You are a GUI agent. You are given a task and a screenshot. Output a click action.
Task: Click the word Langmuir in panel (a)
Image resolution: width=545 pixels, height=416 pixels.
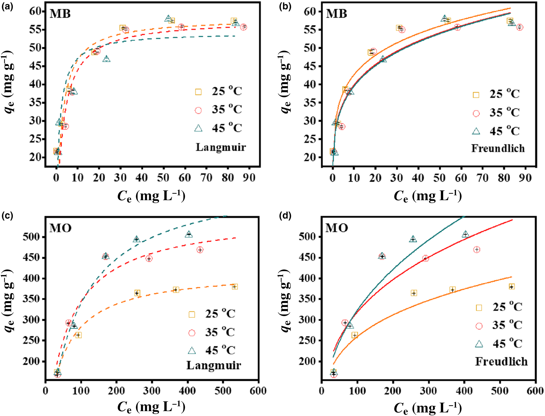click(x=221, y=147)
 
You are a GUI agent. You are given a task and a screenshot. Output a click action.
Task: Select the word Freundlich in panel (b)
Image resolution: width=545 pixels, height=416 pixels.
click(x=498, y=148)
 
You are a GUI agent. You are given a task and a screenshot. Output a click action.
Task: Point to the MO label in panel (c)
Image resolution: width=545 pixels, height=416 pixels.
click(x=60, y=228)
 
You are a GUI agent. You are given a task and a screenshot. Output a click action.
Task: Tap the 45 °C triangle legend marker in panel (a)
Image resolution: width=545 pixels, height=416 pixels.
click(x=198, y=128)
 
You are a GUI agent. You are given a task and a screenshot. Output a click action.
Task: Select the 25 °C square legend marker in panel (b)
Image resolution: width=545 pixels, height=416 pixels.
click(x=476, y=95)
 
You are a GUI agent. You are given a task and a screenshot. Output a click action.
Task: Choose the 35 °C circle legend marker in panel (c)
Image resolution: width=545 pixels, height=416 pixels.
click(x=192, y=333)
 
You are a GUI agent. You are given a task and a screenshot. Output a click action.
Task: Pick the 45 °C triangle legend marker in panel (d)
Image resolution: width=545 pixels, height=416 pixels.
click(x=479, y=344)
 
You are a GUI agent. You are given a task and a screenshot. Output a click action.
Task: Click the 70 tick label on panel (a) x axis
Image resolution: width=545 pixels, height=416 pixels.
click(x=206, y=178)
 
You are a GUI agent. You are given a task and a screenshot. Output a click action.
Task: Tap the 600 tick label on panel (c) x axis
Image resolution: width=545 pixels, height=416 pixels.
click(x=258, y=391)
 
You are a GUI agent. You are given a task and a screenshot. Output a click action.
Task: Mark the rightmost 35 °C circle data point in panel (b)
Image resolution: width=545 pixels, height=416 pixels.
click(x=519, y=28)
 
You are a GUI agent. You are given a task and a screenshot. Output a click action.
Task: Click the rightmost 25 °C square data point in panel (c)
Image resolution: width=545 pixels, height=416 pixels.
click(x=235, y=287)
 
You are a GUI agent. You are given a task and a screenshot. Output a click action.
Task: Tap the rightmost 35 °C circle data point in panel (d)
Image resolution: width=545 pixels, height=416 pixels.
click(x=476, y=250)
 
